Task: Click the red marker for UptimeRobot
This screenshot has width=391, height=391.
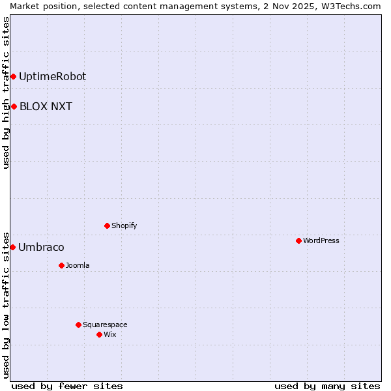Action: click(13, 77)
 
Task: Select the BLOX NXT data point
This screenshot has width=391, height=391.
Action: click(14, 107)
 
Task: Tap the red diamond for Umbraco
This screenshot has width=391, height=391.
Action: click(12, 248)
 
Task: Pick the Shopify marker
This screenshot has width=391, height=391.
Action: click(107, 226)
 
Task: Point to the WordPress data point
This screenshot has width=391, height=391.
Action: click(298, 241)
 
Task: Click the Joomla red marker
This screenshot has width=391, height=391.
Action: click(61, 266)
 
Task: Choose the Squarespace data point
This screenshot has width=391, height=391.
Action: click(78, 325)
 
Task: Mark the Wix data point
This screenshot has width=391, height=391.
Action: click(99, 335)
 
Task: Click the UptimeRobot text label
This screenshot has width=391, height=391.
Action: click(52, 77)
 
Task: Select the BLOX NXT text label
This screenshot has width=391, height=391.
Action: click(46, 107)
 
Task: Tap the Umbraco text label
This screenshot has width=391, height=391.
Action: click(41, 248)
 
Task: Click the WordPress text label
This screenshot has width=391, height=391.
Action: click(321, 241)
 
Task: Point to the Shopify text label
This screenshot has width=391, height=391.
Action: click(124, 226)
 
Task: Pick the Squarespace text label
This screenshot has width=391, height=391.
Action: click(105, 325)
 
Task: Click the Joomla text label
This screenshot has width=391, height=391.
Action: click(78, 266)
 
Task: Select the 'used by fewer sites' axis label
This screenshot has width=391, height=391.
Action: click(67, 386)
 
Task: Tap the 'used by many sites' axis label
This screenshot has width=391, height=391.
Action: click(327, 386)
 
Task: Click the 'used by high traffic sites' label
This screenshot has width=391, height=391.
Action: click(6, 93)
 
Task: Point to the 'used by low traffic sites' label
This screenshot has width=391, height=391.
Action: click(6, 304)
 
